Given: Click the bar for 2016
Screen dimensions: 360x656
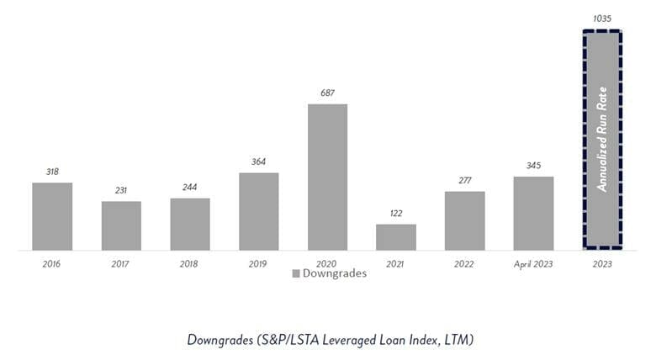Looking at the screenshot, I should [52, 216].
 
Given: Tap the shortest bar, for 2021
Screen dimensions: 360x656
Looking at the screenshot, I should [395, 237].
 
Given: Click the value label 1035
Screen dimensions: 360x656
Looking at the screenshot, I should [602, 17].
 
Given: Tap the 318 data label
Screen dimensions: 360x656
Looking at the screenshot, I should [52, 171].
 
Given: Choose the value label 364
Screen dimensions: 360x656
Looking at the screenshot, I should [258, 161].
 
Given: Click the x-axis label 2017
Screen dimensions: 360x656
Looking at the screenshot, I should [121, 263].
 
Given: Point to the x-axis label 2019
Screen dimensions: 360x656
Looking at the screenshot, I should [258, 263].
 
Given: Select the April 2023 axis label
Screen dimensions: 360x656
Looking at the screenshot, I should [533, 263].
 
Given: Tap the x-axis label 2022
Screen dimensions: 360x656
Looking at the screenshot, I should [464, 263].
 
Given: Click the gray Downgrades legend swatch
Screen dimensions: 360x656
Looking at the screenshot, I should [296, 273].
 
